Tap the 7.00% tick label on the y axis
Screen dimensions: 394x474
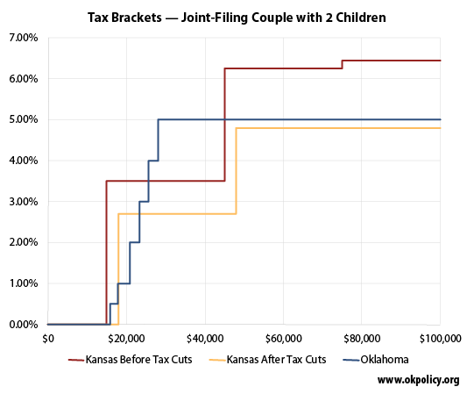(23, 38)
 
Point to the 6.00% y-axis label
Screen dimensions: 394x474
(23, 79)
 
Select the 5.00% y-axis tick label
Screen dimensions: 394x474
(23, 119)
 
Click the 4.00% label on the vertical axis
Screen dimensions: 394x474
(23, 161)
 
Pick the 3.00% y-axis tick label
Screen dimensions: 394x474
(23, 202)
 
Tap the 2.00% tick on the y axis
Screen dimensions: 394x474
(23, 242)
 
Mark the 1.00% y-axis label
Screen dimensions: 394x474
(23, 283)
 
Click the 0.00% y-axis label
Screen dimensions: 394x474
(23, 325)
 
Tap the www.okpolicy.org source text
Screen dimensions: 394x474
(418, 380)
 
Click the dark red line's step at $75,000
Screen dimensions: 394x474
(342, 64)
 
